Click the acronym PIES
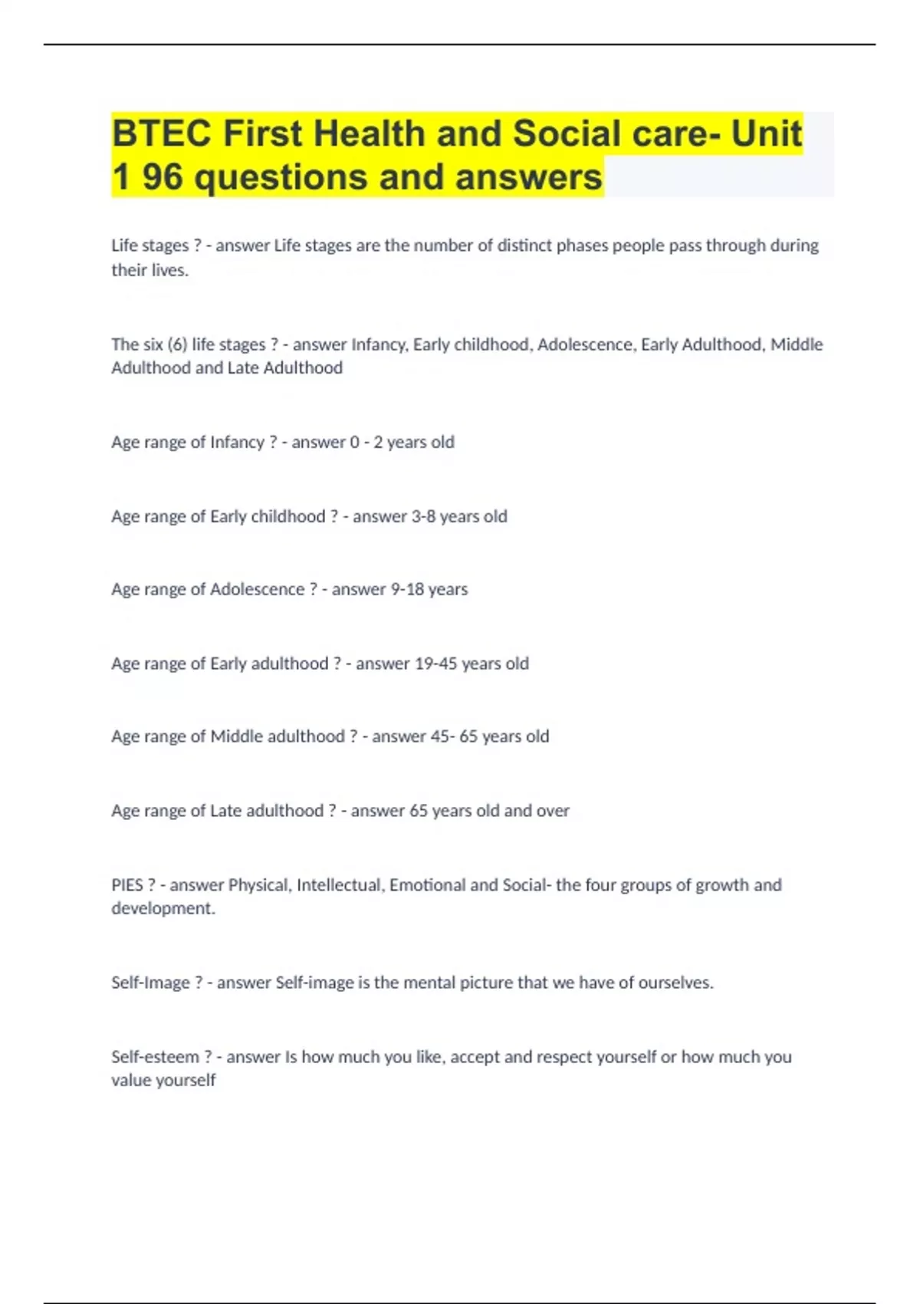[127, 885]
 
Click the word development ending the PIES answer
[163, 908]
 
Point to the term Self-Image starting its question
[150, 983]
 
